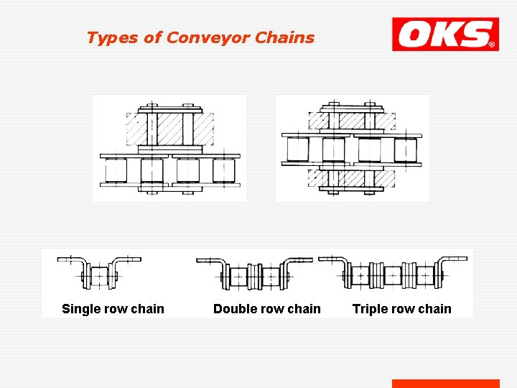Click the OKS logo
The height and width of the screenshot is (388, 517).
445,34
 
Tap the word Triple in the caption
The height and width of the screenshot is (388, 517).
370,309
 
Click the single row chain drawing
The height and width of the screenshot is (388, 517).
99,273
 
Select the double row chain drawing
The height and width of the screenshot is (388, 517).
255,274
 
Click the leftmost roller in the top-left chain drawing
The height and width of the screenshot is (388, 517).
116,171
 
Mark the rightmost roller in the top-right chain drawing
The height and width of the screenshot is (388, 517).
405,150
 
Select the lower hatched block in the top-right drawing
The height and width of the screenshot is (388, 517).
351,177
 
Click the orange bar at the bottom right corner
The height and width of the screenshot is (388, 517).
445,384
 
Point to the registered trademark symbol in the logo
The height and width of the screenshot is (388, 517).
492,45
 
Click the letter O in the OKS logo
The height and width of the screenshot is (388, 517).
416,34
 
